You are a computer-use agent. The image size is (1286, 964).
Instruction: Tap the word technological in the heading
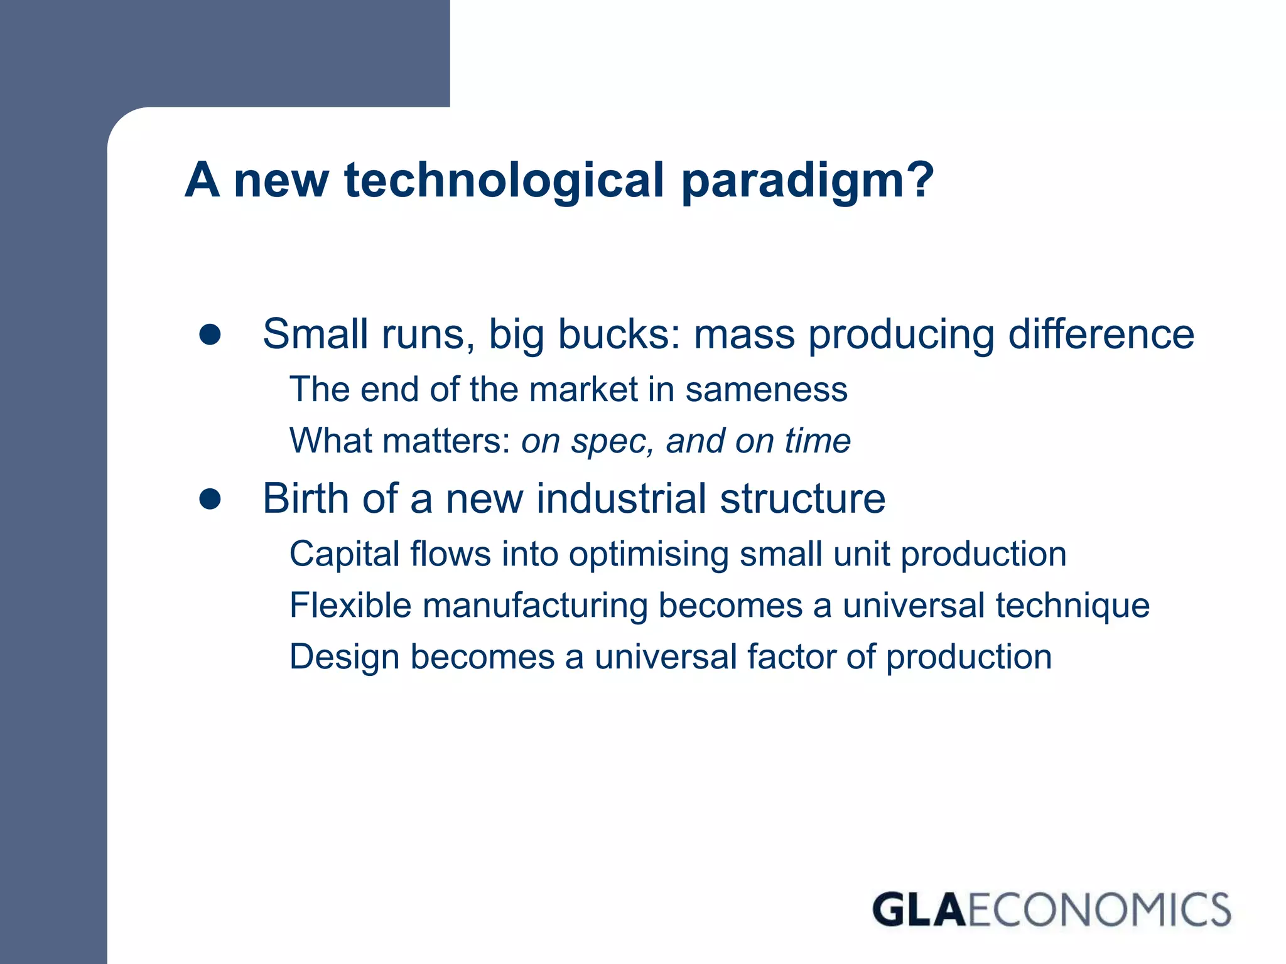[504, 181]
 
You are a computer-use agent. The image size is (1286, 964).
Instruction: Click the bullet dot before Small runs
[210, 335]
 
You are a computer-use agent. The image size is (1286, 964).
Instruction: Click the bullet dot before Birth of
[210, 499]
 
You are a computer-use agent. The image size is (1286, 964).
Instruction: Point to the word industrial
[622, 499]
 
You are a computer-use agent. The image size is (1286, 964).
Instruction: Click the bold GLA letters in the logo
[919, 910]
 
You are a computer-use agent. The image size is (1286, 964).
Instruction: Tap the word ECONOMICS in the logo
[1099, 910]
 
